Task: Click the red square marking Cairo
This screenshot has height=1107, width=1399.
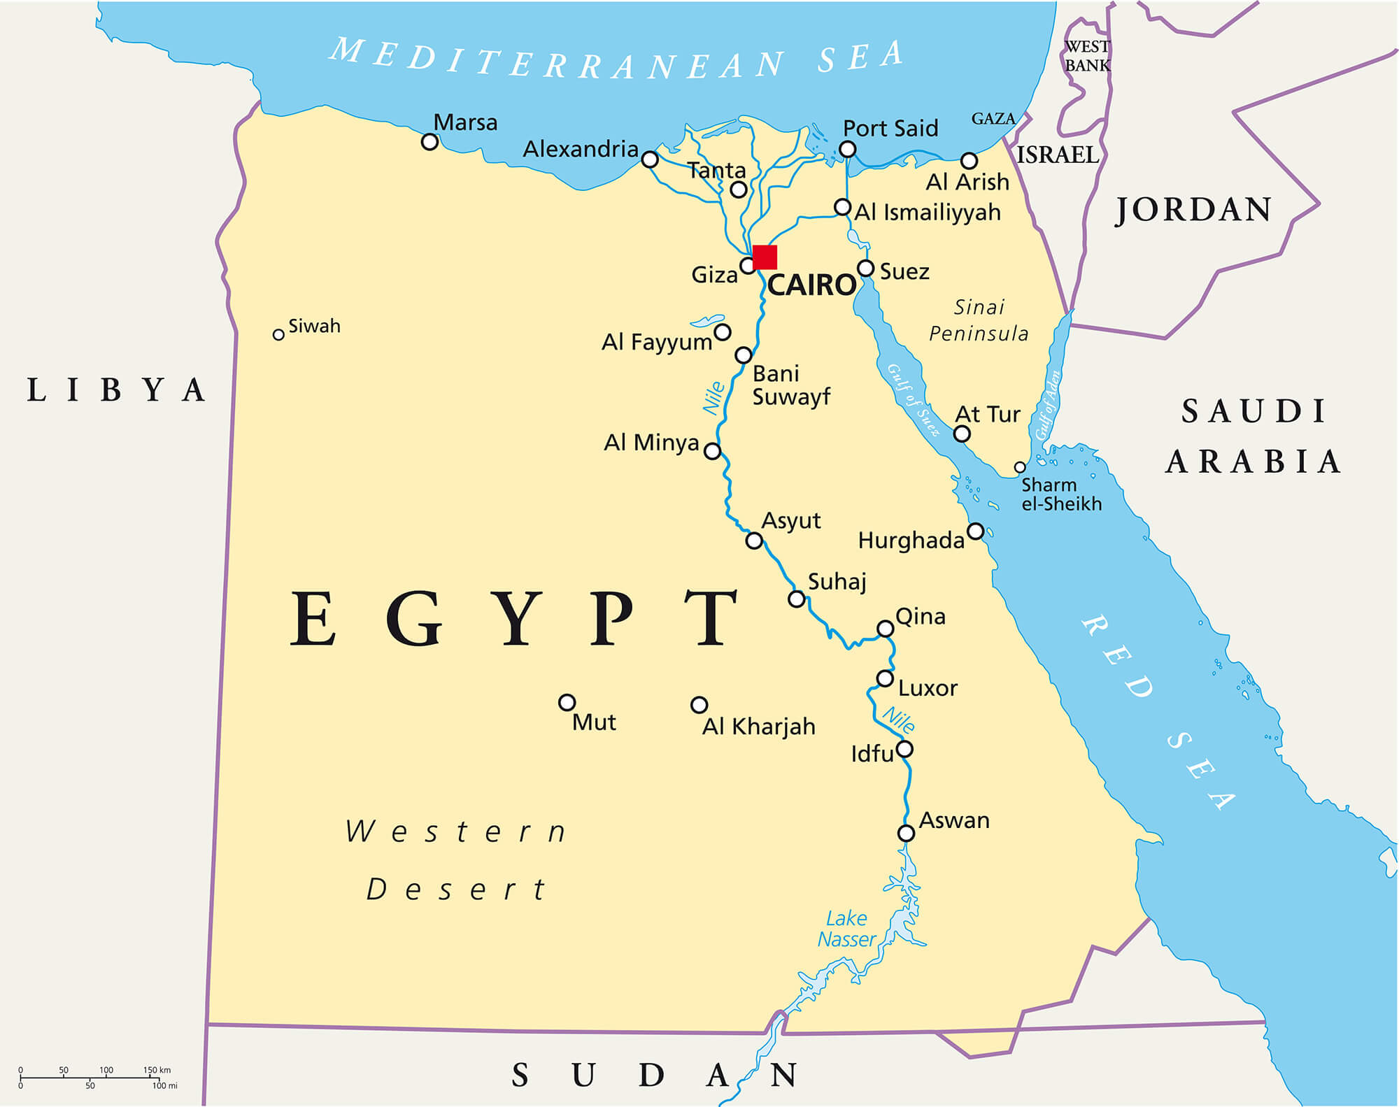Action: pyautogui.click(x=765, y=257)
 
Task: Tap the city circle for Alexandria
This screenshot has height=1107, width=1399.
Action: pyautogui.click(x=650, y=159)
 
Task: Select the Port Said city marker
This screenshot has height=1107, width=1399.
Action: pyautogui.click(x=847, y=149)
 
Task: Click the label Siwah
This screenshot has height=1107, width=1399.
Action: pyautogui.click(x=314, y=326)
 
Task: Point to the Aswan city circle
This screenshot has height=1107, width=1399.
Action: pyautogui.click(x=906, y=833)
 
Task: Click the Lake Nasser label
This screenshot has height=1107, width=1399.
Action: pyautogui.click(x=847, y=929)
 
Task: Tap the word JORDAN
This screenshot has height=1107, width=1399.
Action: pyautogui.click(x=1193, y=210)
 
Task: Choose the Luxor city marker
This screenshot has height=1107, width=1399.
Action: pyautogui.click(x=885, y=678)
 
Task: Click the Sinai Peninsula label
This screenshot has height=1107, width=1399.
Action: pyautogui.click(x=979, y=320)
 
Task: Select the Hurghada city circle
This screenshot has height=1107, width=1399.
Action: pyautogui.click(x=975, y=531)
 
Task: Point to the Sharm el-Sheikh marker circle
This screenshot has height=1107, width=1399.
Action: pyautogui.click(x=1020, y=467)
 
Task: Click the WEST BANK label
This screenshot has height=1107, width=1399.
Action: pyautogui.click(x=1087, y=56)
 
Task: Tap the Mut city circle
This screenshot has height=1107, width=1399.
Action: pyautogui.click(x=567, y=702)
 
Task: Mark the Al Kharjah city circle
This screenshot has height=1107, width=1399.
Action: pyautogui.click(x=699, y=704)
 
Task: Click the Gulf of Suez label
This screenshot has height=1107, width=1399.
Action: pyautogui.click(x=913, y=400)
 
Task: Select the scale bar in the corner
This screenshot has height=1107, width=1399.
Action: pyautogui.click(x=91, y=1078)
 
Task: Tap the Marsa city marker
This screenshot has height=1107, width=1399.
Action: pyautogui.click(x=429, y=142)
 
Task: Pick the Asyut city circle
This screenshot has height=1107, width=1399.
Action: pyautogui.click(x=753, y=541)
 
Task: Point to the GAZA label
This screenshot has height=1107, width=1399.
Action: pyautogui.click(x=993, y=119)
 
